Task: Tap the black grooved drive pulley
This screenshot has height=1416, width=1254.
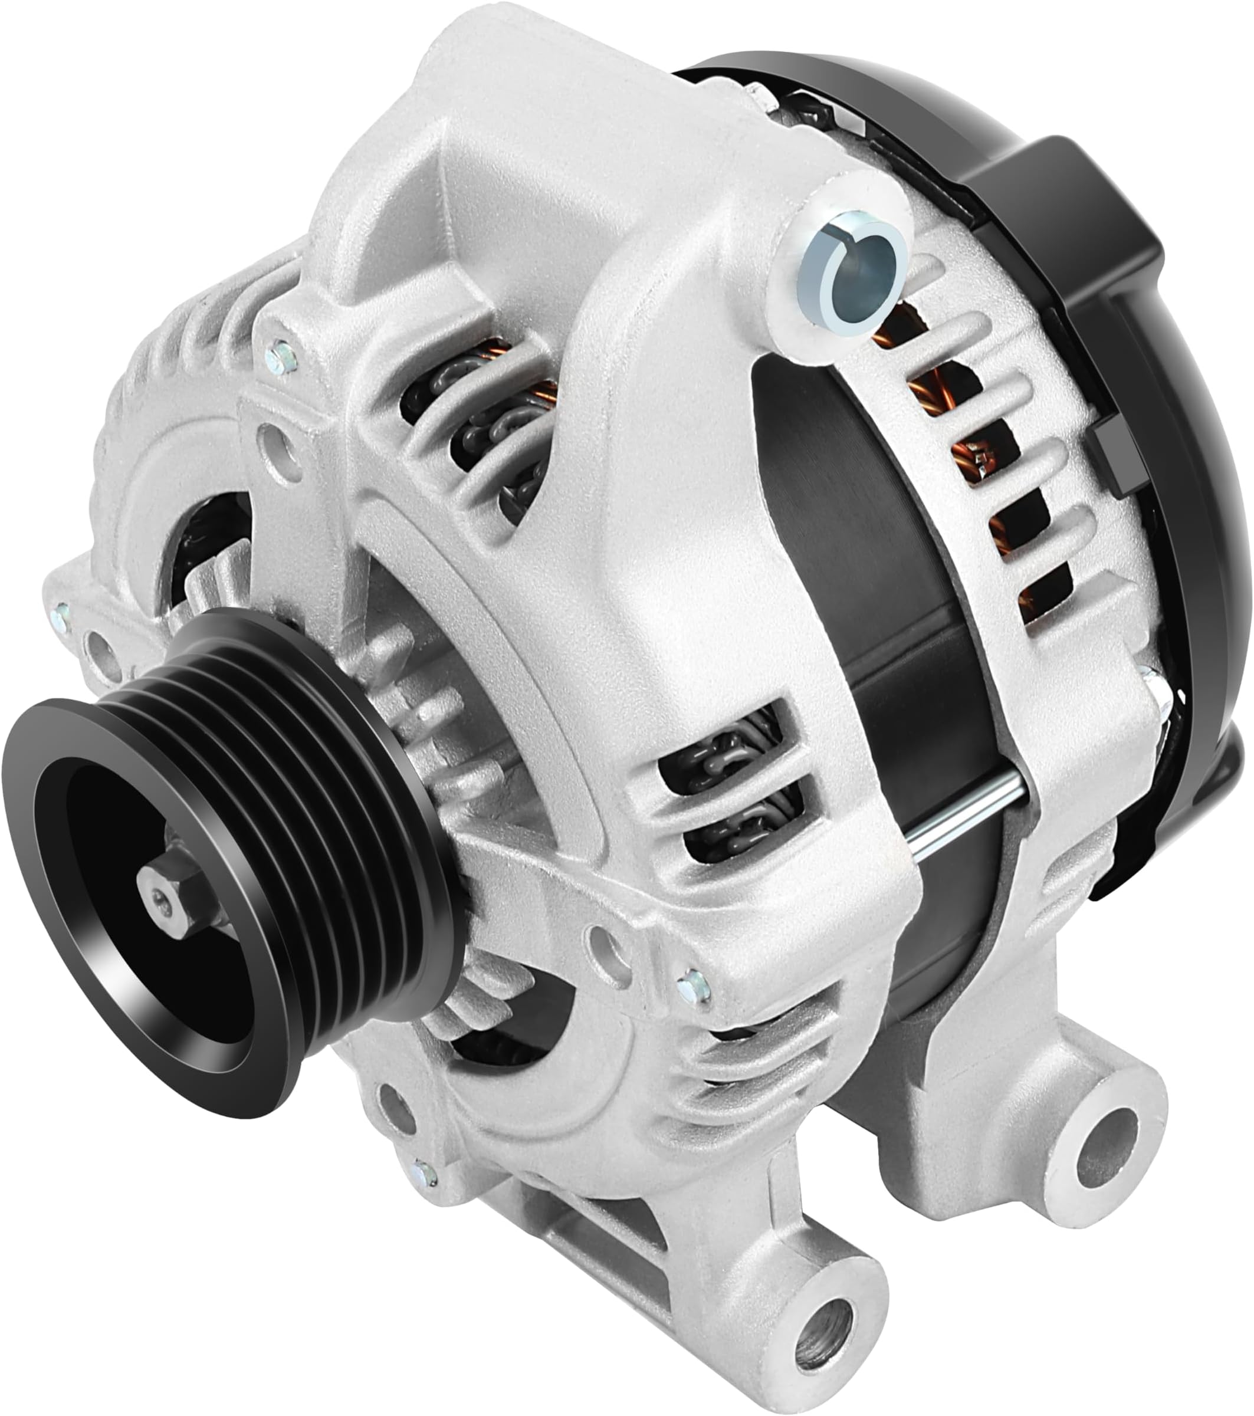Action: coord(229,817)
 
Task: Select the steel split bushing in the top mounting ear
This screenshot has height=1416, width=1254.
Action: coord(852,274)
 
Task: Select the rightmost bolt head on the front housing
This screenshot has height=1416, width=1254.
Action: coord(693,988)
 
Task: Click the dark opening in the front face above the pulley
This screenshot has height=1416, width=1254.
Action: coord(208,547)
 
